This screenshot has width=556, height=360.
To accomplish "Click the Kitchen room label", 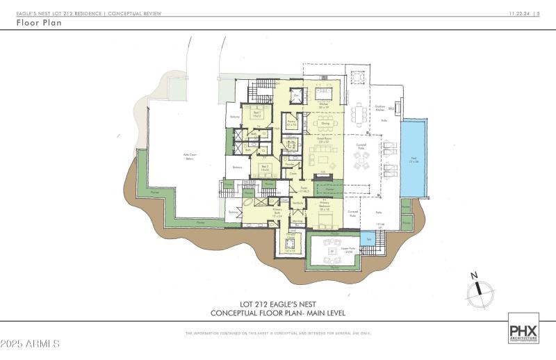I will (323, 105).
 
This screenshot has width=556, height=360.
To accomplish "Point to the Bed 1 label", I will (257, 113).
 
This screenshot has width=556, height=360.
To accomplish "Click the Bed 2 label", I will (265, 167).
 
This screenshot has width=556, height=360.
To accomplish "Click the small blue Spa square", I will (369, 240).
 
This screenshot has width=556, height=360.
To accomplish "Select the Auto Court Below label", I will (188, 157).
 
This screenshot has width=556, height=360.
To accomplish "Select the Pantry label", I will (292, 123).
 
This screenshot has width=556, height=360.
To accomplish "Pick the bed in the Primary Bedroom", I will (324, 222).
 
